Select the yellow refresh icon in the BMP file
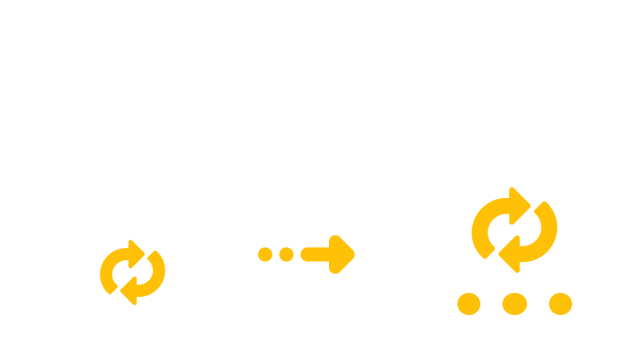(514, 230)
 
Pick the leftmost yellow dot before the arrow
(265, 254)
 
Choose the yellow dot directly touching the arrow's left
(286, 254)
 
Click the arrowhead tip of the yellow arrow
(354, 253)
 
